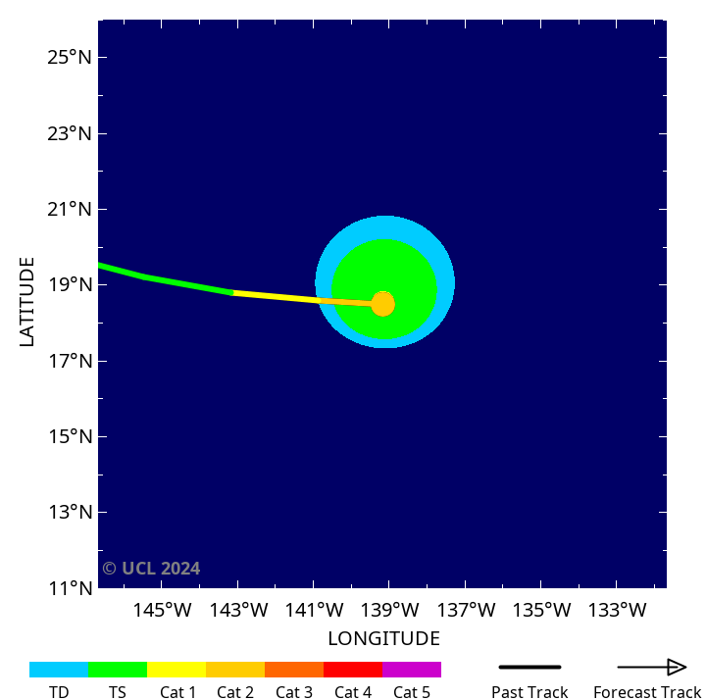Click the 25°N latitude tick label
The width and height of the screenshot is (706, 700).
point(69,57)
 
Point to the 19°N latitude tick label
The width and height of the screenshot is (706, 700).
point(69,285)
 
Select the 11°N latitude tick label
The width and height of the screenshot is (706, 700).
point(69,588)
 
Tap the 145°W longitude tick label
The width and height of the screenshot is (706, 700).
point(162,610)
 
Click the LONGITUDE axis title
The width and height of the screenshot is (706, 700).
point(383,639)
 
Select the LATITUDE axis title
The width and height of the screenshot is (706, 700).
point(27,301)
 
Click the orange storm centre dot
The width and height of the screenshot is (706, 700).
point(383,304)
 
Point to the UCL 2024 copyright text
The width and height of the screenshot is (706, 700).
point(151,569)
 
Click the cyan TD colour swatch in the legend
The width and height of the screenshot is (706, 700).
point(59,670)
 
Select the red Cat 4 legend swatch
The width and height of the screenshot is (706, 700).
point(353,670)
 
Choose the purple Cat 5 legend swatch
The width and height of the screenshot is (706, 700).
point(412,670)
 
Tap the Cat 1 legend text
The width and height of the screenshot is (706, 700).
point(178,692)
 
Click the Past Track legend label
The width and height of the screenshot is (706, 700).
point(529,692)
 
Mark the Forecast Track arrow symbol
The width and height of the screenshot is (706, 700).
point(652,668)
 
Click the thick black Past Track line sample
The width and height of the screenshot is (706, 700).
point(529,668)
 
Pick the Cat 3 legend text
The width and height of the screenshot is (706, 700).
point(294,692)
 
